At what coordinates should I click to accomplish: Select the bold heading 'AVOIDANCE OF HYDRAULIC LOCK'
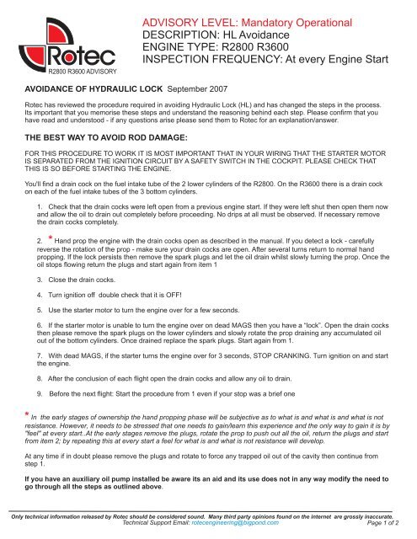coord(93,88)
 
